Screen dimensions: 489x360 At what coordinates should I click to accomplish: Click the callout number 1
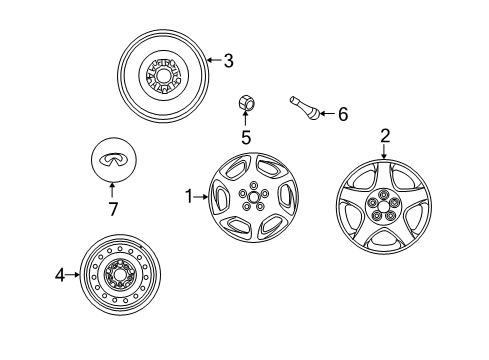189,196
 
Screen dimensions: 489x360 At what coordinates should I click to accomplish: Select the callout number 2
385,136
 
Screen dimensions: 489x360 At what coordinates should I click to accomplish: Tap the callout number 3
228,61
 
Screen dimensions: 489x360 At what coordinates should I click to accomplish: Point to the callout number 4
60,275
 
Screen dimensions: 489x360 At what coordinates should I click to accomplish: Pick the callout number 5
246,137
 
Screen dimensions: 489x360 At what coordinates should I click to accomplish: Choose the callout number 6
343,114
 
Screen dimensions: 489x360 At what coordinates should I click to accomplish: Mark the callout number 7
113,209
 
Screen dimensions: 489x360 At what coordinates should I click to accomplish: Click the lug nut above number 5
246,102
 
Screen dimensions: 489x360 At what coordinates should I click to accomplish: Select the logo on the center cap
113,159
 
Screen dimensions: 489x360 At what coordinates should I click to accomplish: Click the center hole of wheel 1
254,197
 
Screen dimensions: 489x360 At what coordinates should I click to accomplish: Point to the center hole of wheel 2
384,206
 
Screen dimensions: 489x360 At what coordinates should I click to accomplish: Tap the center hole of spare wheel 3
164,76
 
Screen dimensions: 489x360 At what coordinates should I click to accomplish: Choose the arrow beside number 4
73,275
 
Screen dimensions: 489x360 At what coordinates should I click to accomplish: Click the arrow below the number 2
384,151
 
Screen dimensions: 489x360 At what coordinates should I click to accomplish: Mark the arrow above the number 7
112,190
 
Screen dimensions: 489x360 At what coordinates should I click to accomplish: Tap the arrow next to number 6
328,114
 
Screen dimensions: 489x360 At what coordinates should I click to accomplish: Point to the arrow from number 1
201,197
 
